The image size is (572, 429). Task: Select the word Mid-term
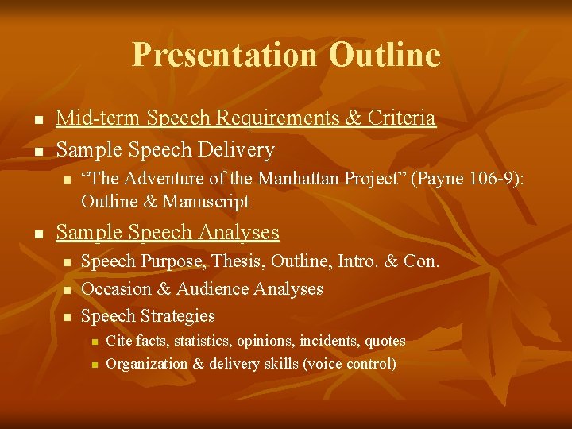pyautogui.click(x=88, y=119)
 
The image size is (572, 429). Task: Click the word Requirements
pyautogui.click(x=276, y=119)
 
